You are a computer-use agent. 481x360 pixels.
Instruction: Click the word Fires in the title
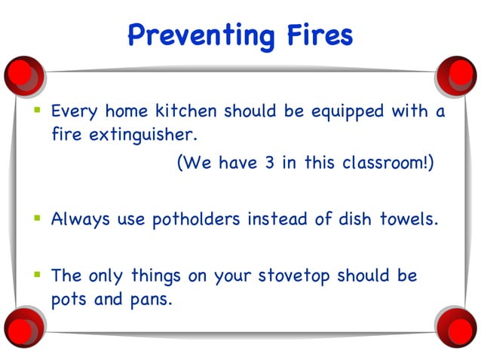[317, 34]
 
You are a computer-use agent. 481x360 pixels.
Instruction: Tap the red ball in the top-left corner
[23, 73]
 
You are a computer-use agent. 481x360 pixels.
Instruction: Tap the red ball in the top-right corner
[458, 73]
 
